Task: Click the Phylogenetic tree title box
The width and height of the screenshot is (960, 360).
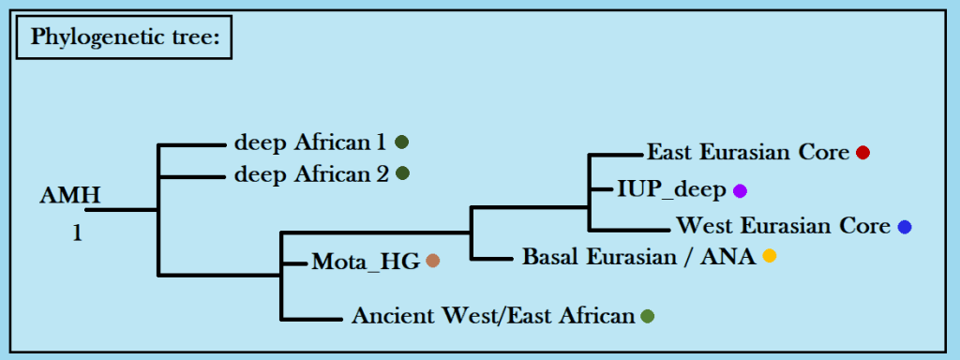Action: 124,37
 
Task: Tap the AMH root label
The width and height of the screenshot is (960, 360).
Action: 69,196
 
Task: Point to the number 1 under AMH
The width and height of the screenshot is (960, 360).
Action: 77,233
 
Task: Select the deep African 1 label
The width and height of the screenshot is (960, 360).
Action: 310,143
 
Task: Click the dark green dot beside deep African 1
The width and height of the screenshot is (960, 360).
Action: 401,142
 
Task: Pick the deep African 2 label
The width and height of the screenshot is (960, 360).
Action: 311,175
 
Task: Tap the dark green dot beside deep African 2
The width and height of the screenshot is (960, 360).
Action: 402,173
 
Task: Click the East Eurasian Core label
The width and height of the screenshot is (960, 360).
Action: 748,153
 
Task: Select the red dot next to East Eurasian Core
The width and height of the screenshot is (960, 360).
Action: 862,153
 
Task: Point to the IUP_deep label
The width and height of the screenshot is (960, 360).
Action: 671,190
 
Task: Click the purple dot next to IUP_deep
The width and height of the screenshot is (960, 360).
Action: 741,191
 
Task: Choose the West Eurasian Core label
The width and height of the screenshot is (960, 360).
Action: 783,227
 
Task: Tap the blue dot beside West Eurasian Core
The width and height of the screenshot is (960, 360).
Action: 905,227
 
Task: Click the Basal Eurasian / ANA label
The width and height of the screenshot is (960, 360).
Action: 639,257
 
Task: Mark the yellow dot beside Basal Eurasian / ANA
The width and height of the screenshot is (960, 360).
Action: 769,256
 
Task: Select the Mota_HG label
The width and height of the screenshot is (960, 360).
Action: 366,262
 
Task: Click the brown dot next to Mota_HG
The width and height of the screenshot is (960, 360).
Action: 433,262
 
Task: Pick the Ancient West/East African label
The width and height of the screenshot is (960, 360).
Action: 493,316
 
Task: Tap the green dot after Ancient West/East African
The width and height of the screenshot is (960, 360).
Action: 647,317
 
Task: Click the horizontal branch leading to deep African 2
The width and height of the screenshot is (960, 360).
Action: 192,177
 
